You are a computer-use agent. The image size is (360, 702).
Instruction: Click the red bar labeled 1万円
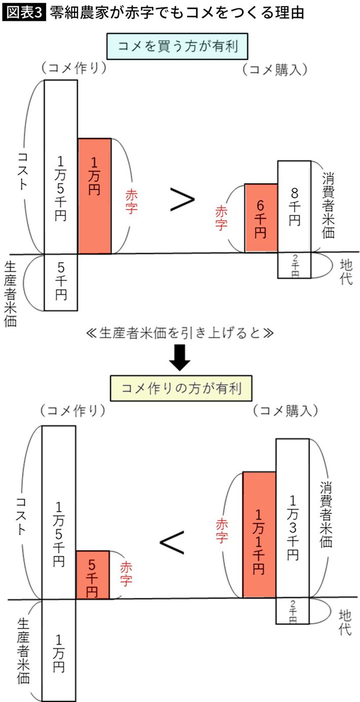pyautogui.click(x=94, y=196)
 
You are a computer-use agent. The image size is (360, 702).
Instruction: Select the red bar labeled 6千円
pyautogui.click(x=261, y=218)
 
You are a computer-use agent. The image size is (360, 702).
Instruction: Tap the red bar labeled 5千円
pyautogui.click(x=92, y=575)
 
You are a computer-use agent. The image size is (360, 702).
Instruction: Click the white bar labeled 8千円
pyautogui.click(x=294, y=206)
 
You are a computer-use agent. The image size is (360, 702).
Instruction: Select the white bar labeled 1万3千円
pyautogui.click(x=293, y=518)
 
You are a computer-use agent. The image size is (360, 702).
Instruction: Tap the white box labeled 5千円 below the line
pyautogui.click(x=61, y=282)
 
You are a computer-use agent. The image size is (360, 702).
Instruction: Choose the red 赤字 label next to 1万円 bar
pyautogui.click(x=131, y=201)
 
